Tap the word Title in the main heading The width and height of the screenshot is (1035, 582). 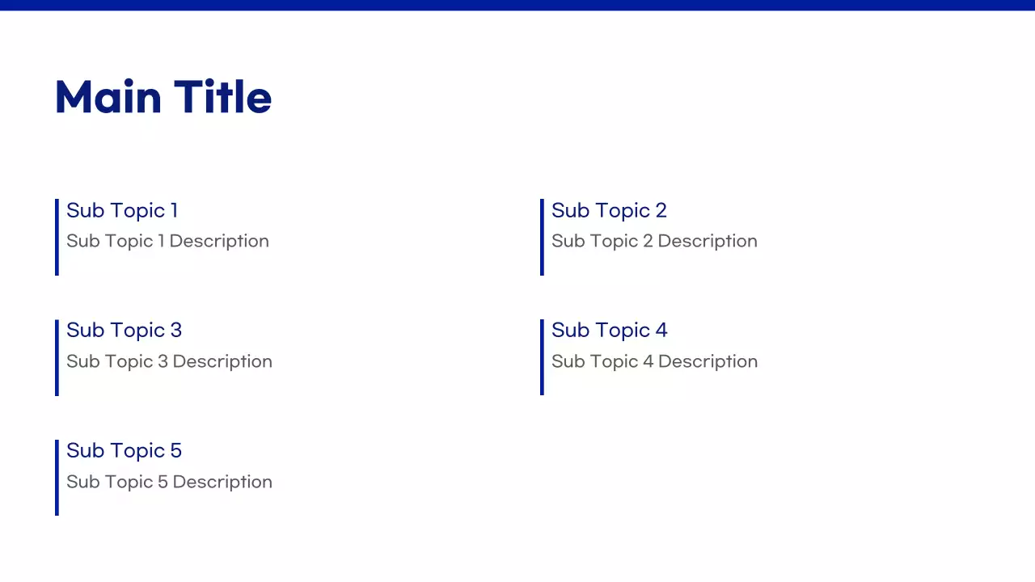click(222, 97)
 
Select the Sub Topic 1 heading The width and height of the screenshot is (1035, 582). click(122, 210)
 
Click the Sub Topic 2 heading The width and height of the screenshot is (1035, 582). click(609, 210)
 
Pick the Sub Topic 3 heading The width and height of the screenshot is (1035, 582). click(124, 330)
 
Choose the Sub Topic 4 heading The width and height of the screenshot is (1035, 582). click(609, 330)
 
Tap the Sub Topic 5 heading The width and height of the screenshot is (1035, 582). click(124, 450)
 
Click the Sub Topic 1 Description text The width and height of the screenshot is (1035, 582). click(167, 241)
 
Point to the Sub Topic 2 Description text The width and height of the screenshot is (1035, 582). click(654, 241)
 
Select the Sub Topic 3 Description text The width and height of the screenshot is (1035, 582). click(169, 361)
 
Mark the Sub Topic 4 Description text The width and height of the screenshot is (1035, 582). click(654, 361)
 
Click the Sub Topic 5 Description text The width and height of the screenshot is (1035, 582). click(169, 482)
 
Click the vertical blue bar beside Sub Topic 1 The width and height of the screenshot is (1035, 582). click(57, 237)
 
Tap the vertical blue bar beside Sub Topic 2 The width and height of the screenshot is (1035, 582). click(542, 237)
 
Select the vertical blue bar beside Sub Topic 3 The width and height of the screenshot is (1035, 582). click(57, 357)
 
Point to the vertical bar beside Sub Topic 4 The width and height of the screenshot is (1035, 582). click(542, 357)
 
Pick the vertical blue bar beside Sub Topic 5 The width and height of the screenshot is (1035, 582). click(57, 477)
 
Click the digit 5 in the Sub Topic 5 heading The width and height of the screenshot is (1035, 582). click(175, 450)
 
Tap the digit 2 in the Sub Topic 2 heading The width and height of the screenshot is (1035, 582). click(661, 210)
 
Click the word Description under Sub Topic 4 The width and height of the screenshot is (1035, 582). click(708, 361)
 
